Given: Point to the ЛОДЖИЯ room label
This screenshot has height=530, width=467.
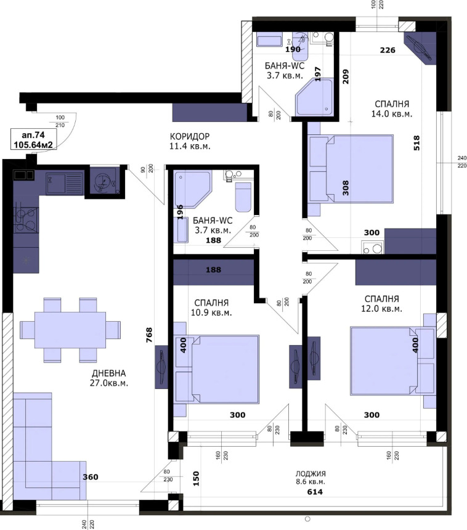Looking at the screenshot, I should click(310, 472).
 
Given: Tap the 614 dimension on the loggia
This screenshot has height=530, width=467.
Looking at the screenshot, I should click(314, 492).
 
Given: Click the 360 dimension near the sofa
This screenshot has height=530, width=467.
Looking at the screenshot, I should click(91, 478).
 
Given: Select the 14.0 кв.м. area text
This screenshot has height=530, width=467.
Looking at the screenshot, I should click(391, 114).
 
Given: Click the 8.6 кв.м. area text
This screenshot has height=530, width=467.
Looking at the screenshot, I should click(310, 481).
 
